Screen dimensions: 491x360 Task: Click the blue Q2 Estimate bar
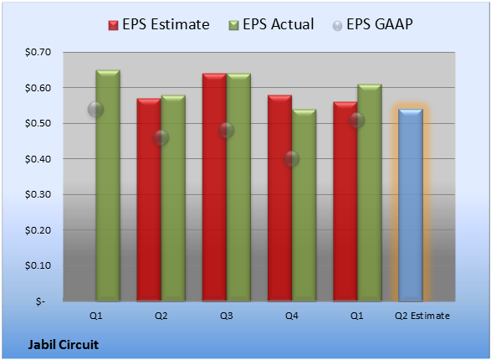pos(411,205)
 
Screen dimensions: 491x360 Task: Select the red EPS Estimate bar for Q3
pos(214,188)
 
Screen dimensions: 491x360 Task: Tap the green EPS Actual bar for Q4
pos(304,205)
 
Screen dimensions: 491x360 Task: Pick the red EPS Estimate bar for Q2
pos(149,200)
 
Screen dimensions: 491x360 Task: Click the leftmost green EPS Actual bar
pos(108,186)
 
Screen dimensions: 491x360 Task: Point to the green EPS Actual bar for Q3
pos(238,188)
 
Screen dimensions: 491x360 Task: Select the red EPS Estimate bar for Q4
pos(279,198)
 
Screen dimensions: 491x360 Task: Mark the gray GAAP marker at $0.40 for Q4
pos(292,158)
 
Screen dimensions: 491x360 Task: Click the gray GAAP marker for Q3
pos(226,130)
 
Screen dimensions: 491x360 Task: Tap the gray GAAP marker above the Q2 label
pos(161,137)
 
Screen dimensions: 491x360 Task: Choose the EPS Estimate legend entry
pos(159,24)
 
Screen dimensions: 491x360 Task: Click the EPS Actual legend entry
pos(271,24)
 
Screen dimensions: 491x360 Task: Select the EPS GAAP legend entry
pos(372,24)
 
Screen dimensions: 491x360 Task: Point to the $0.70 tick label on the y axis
pos(38,52)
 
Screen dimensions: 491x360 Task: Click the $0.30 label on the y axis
pos(38,194)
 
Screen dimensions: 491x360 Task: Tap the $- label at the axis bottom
pos(40,301)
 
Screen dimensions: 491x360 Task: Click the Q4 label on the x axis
pos(292,316)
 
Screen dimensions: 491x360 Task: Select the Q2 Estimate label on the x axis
pos(422,316)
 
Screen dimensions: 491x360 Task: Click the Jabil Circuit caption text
pos(64,345)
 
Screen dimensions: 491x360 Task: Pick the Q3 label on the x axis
pos(226,316)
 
